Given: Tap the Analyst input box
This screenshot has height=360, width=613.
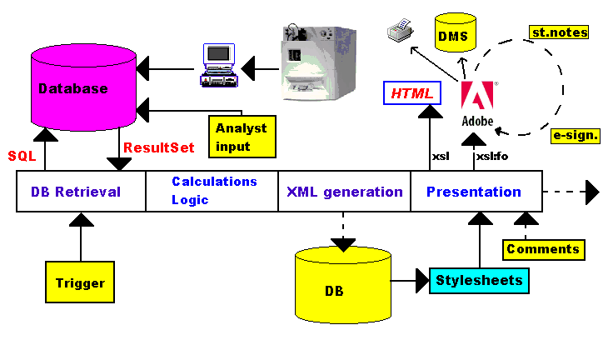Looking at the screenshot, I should [241, 136].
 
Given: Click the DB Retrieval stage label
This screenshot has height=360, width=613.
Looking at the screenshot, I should [76, 192].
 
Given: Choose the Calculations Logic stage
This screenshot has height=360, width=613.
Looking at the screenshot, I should [214, 191].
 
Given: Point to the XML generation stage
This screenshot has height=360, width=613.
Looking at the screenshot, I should [345, 192].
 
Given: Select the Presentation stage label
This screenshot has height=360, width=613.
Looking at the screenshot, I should [474, 192].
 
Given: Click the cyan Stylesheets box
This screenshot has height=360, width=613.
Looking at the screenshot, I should [480, 280].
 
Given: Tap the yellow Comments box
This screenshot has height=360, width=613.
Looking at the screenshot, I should [542, 248].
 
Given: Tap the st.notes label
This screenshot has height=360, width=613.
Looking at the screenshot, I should [559, 32].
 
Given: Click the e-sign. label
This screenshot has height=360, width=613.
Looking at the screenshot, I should [576, 133].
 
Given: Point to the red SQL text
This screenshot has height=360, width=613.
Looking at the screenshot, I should [22, 156].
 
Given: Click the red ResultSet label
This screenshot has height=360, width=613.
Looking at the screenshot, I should [158, 147].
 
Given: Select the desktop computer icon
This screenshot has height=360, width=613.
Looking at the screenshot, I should [220, 64].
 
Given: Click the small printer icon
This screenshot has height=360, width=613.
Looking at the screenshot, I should [398, 33].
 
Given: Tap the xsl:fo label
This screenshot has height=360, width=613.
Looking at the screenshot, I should [491, 156].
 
